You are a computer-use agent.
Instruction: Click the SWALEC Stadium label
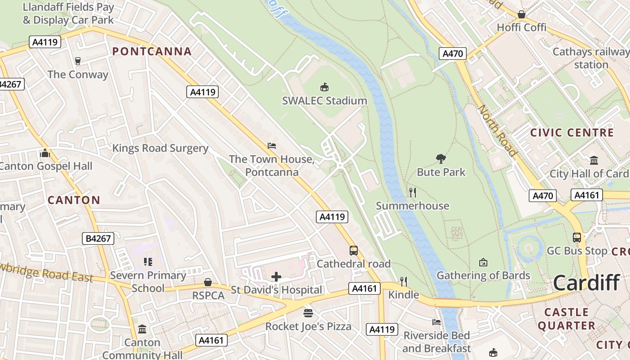(324, 100)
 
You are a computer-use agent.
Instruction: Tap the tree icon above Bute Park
(441, 158)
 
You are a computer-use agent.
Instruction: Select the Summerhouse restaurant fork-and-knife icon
(412, 193)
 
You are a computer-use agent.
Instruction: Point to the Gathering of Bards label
(483, 275)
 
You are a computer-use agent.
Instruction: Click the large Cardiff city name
(586, 283)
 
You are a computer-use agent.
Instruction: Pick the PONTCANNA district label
(152, 51)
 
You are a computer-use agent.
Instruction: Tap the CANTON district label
(74, 200)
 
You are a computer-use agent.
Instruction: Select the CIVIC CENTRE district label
(572, 133)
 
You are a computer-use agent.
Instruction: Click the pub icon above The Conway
(78, 61)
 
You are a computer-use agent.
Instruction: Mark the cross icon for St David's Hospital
(276, 277)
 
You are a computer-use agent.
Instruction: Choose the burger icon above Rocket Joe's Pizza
(308, 313)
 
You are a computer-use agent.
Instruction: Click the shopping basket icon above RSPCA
(208, 282)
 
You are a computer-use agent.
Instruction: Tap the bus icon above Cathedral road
(354, 250)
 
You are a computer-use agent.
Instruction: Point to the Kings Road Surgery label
(160, 148)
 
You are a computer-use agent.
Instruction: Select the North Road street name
(497, 130)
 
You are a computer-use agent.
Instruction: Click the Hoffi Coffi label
(522, 27)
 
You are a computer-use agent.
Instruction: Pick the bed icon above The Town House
(272, 146)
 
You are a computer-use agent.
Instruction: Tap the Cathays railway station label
(591, 58)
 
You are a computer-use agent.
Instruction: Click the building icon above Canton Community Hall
(142, 329)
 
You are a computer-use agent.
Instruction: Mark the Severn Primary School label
(148, 281)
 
